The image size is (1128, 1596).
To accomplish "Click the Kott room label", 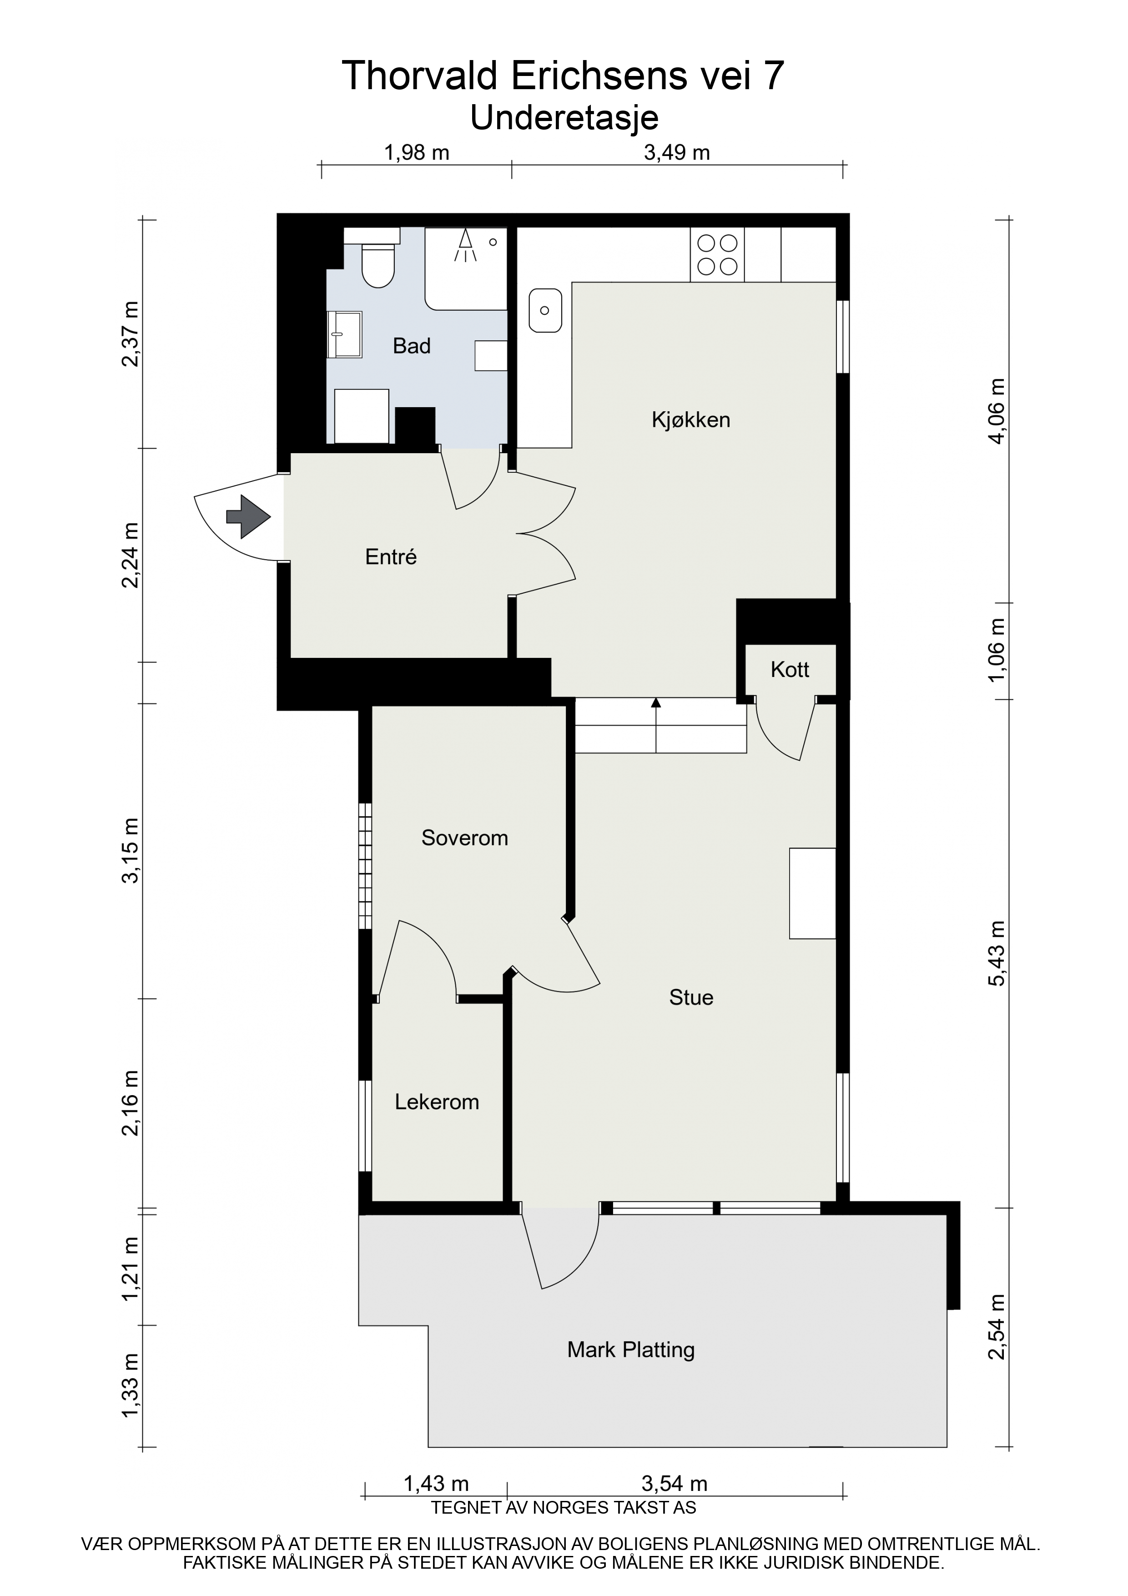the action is pos(790,669).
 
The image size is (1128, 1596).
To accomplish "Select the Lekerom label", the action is pos(437,1102).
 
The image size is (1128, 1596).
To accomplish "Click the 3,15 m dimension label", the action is pos(131,850).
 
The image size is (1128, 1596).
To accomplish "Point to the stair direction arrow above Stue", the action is pos(655,725).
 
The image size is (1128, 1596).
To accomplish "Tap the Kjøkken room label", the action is pos(691,420).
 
